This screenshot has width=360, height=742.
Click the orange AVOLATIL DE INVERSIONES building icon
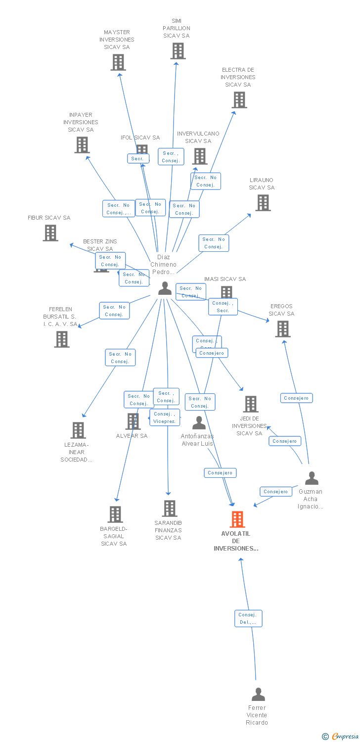point(237,519)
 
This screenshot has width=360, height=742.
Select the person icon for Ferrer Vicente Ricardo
point(258,695)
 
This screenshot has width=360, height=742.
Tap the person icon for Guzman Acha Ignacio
point(312,478)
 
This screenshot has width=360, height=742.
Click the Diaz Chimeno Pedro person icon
point(165,288)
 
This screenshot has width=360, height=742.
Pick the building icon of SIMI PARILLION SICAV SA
point(178,50)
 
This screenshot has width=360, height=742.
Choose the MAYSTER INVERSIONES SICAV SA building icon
point(118,62)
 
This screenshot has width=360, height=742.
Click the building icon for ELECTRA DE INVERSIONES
point(239,100)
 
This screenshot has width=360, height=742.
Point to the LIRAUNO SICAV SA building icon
point(263,202)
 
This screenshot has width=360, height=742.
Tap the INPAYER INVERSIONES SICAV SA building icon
point(82,145)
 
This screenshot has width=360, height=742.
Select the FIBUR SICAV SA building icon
point(50,232)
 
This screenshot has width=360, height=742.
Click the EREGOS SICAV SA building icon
point(282,329)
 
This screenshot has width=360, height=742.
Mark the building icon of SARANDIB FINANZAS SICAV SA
point(169,509)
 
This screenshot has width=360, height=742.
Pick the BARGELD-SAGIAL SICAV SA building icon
point(115,514)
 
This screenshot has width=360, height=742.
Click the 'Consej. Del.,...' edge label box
point(248,618)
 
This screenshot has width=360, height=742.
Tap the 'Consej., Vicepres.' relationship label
point(165,417)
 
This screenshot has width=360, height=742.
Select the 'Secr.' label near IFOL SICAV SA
point(138,159)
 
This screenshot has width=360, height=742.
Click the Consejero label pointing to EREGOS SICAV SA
point(297,398)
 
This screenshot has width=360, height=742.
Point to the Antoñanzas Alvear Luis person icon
point(199,423)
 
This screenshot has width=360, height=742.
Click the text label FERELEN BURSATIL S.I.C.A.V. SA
point(61,317)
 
